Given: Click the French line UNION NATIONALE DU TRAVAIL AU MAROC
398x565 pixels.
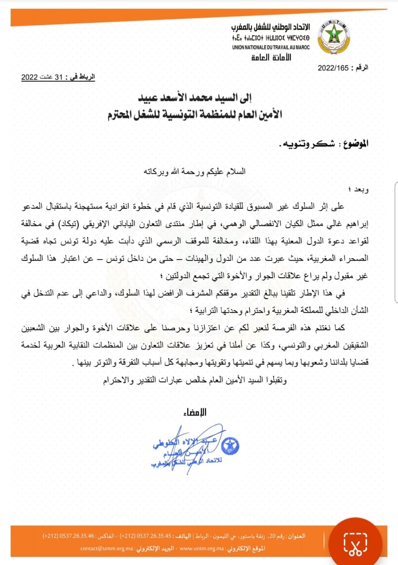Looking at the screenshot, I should [x=271, y=47].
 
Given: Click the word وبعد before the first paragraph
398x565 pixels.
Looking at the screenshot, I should [x=360, y=191].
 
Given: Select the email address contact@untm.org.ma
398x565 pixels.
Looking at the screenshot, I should [x=104, y=548].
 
